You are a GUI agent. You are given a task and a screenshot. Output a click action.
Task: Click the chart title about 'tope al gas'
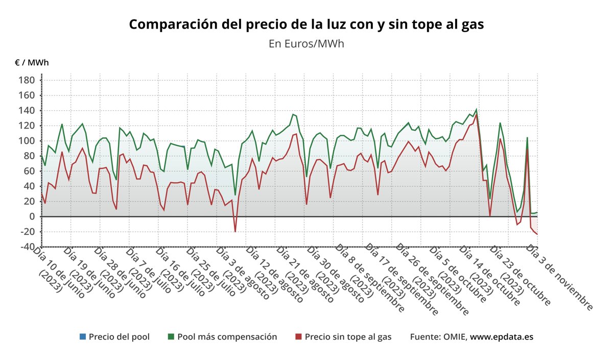tap(306, 24)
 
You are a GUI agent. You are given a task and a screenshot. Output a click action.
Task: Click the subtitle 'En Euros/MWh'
tap(306, 43)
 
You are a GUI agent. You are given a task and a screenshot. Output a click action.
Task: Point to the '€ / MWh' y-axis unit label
tap(32, 63)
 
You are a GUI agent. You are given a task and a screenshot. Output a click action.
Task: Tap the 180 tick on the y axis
tap(27, 80)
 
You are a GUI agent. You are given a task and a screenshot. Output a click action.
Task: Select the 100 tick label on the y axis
tap(27, 141)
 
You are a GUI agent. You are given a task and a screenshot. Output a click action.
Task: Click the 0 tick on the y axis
tap(31, 217)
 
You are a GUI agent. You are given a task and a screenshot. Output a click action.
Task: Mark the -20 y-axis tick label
tap(27, 231)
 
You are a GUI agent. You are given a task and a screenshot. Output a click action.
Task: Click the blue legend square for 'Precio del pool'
tap(83, 337)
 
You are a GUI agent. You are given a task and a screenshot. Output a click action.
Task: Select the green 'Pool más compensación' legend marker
tap(171, 337)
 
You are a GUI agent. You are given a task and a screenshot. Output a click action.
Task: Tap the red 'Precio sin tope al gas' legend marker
tap(299, 337)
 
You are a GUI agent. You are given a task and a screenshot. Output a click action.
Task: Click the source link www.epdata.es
tap(502, 337)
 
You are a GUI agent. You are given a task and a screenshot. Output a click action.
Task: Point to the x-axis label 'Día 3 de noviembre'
tap(560, 278)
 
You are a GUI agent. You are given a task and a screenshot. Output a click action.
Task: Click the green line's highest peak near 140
tap(476, 109)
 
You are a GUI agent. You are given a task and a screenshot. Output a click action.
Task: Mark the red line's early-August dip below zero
tap(235, 231)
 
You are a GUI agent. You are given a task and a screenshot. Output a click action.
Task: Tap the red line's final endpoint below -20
tap(537, 234)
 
